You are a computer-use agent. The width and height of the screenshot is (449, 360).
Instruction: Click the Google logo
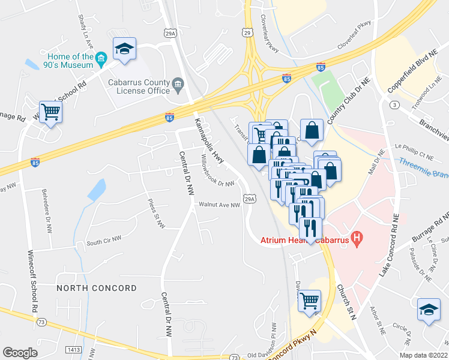point(20,353)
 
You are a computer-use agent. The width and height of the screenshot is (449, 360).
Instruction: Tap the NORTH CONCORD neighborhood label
point(97,289)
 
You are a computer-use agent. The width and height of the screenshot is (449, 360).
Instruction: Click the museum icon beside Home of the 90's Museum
point(101,58)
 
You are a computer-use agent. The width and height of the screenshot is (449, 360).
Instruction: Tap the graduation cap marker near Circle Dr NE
point(429,310)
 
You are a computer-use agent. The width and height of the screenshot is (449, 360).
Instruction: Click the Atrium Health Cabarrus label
point(305,241)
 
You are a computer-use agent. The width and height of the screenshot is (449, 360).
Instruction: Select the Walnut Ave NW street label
point(220,205)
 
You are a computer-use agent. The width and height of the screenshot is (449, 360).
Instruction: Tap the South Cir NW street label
point(103,242)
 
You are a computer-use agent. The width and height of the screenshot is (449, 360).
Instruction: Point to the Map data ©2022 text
point(424,355)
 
